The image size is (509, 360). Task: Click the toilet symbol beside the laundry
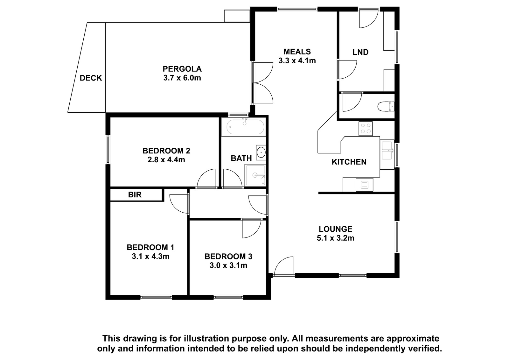pyautogui.click(x=386, y=106)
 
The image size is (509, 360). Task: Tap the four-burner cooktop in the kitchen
pyautogui.click(x=366, y=129)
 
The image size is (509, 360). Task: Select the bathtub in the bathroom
pyautogui.click(x=246, y=127)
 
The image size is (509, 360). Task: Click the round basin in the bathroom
pyautogui.click(x=261, y=152)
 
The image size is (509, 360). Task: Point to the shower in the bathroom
pyautogui.click(x=255, y=175)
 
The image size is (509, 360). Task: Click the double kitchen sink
pyautogui.click(x=387, y=151)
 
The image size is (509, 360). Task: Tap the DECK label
pyautogui.click(x=91, y=78)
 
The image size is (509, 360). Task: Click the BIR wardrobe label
pyautogui.click(x=135, y=195)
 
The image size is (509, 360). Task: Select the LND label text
pyautogui.click(x=360, y=52)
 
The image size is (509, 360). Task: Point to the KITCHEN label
pyautogui.click(x=349, y=162)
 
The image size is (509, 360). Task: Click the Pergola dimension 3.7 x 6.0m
pyautogui.click(x=182, y=78)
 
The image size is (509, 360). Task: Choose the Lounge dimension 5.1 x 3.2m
pyautogui.click(x=336, y=238)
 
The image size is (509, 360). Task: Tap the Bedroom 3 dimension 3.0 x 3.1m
pyautogui.click(x=228, y=265)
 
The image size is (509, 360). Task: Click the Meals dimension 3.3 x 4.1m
pyautogui.click(x=297, y=61)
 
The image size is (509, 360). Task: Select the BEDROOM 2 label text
pyautogui.click(x=166, y=151)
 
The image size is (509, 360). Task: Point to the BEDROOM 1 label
pyautogui.click(x=150, y=247)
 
